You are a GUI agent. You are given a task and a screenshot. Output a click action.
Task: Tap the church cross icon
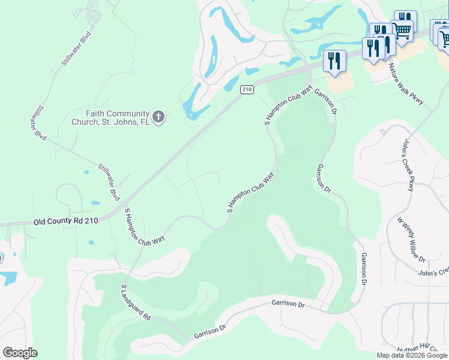click(158, 117)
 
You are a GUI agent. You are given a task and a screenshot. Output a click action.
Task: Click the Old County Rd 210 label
click(65, 221)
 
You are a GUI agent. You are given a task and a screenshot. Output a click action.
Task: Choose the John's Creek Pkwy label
click(408, 165)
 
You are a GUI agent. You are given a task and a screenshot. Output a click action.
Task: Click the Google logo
click(20, 353)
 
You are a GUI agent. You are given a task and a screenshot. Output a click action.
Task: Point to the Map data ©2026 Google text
click(412, 355)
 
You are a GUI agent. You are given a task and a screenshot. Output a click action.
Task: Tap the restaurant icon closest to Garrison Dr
click(334, 60)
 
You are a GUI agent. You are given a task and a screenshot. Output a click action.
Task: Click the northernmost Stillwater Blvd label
click(77, 48)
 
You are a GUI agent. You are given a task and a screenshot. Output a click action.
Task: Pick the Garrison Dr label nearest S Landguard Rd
click(209, 332)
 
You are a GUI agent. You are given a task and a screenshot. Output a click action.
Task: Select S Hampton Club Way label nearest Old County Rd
click(143, 227)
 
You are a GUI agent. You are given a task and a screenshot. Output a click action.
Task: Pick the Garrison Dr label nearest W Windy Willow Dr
click(364, 268)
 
